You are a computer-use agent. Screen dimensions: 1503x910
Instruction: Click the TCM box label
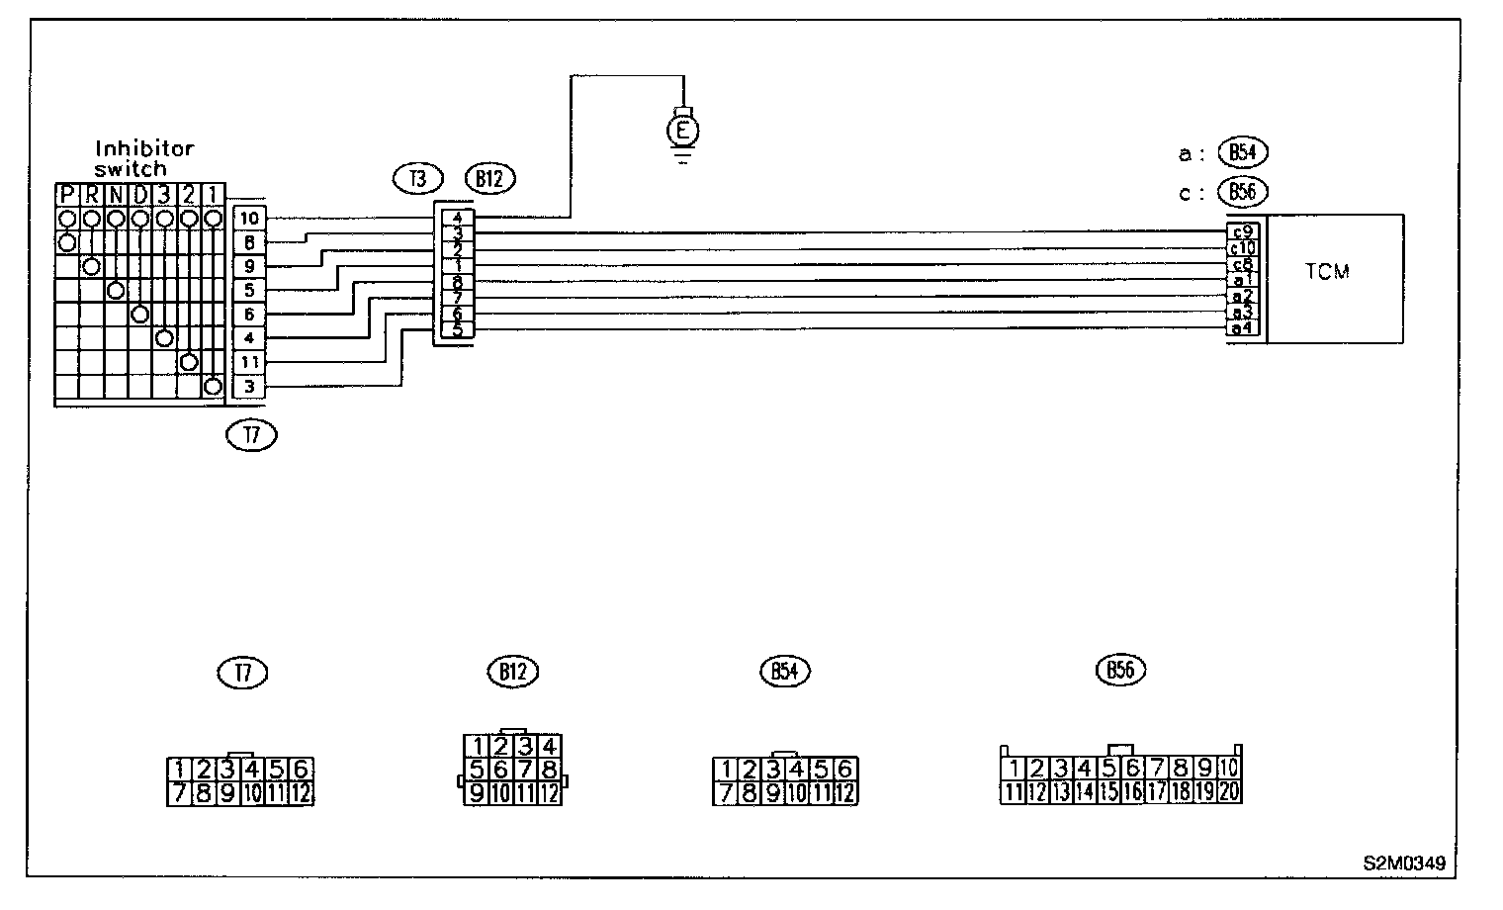[1327, 271]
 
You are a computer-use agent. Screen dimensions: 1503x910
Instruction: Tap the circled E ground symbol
[682, 129]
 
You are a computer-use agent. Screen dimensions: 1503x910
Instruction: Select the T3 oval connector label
[416, 179]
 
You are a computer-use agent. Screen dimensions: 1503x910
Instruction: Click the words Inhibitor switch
[144, 158]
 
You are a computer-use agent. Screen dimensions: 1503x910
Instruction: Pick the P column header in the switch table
[67, 194]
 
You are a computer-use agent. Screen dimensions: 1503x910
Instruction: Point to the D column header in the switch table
[140, 194]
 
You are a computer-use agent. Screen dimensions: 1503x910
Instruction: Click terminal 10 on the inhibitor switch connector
[249, 218]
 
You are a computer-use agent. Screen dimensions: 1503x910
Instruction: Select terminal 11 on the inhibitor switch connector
[249, 362]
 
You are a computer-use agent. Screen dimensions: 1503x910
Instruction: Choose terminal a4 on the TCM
[1243, 327]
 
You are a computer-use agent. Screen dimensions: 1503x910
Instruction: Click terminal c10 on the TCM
[1243, 248]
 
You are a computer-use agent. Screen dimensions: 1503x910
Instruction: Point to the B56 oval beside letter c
[1243, 192]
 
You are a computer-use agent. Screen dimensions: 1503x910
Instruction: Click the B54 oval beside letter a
[1243, 152]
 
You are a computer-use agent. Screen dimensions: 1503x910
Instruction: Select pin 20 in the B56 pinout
[1229, 791]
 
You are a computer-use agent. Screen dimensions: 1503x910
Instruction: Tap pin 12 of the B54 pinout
[845, 792]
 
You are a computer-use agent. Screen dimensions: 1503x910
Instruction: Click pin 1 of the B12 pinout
[478, 746]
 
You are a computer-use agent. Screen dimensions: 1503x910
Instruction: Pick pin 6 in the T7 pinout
[302, 769]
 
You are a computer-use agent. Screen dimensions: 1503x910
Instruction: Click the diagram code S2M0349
[1403, 864]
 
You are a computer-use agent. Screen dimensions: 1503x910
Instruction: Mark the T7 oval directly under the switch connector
[251, 434]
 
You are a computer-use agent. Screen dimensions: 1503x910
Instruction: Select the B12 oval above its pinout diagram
[511, 672]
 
